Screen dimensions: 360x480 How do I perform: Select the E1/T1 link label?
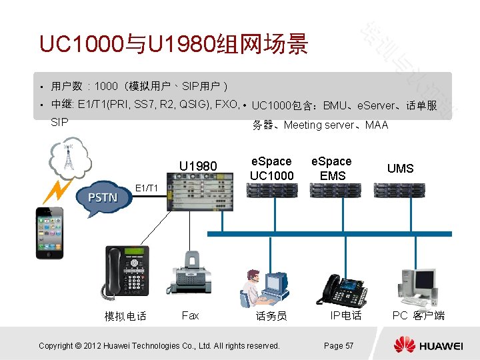[x=147, y=188]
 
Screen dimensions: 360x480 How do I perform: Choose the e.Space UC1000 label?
[x=271, y=168]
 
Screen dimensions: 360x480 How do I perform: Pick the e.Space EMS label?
[x=332, y=168]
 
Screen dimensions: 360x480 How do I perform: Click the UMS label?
[x=400, y=169]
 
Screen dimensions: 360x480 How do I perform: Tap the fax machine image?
[x=192, y=273]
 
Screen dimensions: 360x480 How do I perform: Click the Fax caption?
[x=190, y=315]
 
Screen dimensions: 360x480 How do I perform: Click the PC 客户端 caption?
[x=418, y=315]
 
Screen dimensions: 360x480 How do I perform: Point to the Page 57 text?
[x=339, y=345]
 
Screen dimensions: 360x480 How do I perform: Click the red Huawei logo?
[x=404, y=344]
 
